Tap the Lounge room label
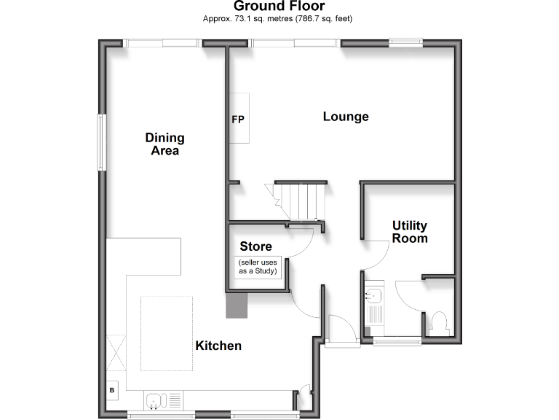(x=346, y=117)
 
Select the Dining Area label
(x=165, y=144)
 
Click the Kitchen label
(x=218, y=346)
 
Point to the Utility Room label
(x=410, y=232)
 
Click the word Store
(x=255, y=246)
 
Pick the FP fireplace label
(x=238, y=119)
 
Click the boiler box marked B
(x=112, y=390)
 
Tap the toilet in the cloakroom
(x=439, y=322)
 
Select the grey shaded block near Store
(x=237, y=305)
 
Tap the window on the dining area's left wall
(x=102, y=142)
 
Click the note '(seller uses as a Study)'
(x=258, y=266)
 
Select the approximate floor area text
(x=282, y=18)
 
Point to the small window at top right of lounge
(x=405, y=43)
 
